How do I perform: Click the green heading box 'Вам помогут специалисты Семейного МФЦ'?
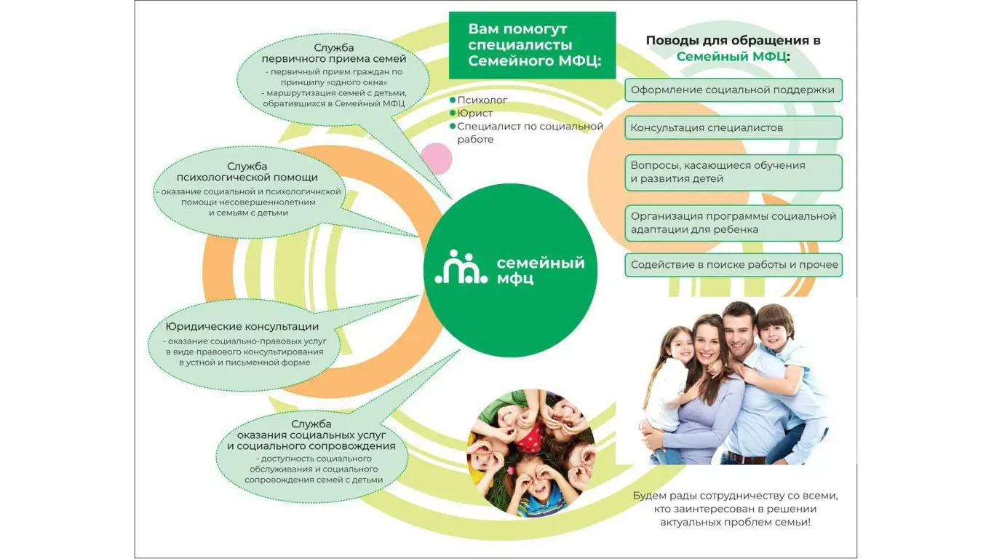coord(532,45)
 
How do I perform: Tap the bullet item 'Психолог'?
coord(478,100)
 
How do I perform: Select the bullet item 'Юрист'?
coord(471,114)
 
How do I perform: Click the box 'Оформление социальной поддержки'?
coord(733,90)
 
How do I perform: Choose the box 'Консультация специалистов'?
coord(733,128)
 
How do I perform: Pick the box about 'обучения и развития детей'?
coord(733,173)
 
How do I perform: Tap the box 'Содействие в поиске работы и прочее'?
coord(733,265)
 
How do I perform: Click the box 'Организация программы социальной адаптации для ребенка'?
coord(733,223)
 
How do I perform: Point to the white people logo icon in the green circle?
coord(461,266)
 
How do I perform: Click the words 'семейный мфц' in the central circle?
coord(540,270)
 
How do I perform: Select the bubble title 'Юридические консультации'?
coord(242,327)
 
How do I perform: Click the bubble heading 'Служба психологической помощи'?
coord(247,172)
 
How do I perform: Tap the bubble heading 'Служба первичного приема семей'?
coord(334,53)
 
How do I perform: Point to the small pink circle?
coord(436,159)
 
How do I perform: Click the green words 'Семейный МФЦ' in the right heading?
coord(731,57)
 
